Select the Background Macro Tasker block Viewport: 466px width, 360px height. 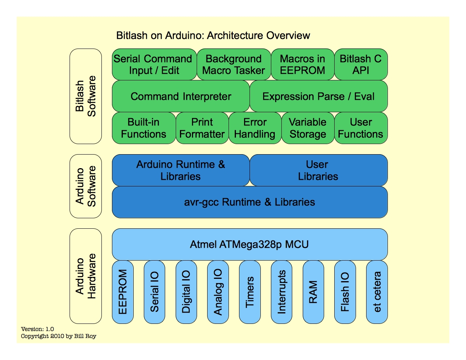coord(234,64)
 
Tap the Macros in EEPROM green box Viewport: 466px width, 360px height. coord(302,64)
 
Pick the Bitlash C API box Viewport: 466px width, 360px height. coord(361,64)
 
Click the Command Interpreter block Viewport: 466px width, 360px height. coord(181,96)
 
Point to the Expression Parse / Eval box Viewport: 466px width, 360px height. coord(318,96)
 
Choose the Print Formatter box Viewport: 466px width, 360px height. coord(202,128)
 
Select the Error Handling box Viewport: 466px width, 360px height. coord(255,128)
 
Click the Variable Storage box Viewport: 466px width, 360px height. coord(307,128)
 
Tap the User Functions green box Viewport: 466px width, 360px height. coord(361,128)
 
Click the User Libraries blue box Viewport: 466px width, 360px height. coord(318,170)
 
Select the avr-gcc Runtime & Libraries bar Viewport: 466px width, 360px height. coord(250,202)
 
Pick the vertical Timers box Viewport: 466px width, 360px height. coord(250,292)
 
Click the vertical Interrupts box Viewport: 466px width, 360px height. coord(281,292)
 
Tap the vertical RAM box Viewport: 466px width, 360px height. coord(313,292)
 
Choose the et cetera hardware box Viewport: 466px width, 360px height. coord(377,292)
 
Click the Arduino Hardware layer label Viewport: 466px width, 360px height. coord(86,276)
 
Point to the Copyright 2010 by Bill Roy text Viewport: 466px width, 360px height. coord(58,336)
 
